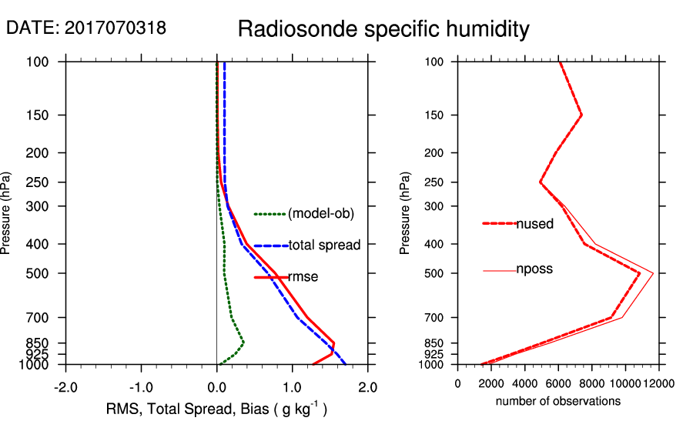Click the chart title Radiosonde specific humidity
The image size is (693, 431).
click(x=383, y=29)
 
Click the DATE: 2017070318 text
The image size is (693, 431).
click(x=86, y=28)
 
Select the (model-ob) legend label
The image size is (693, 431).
click(x=320, y=214)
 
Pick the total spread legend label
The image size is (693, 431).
click(x=324, y=246)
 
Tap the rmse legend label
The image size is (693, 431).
click(x=303, y=277)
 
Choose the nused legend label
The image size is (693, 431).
click(x=534, y=224)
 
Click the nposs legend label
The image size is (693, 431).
click(x=534, y=270)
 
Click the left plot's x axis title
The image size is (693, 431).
click(x=216, y=409)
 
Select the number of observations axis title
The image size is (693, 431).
click(x=558, y=401)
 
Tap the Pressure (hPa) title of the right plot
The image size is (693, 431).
click(x=406, y=212)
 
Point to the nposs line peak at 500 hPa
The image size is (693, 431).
click(x=653, y=273)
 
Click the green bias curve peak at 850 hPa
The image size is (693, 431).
click(x=243, y=342)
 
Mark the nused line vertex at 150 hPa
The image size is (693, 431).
click(x=581, y=115)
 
